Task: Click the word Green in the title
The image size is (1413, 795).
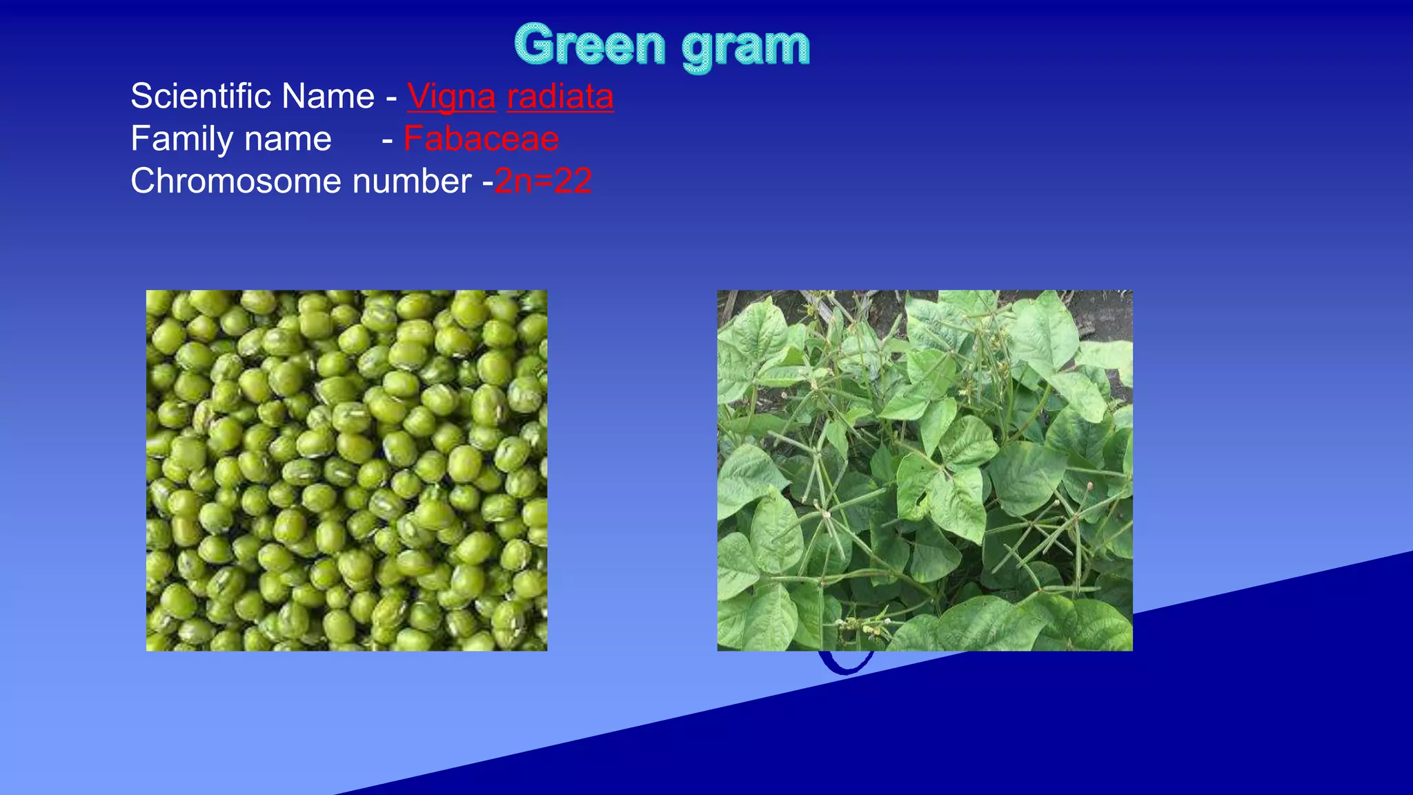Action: coord(590,45)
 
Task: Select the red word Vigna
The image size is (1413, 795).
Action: coord(451,97)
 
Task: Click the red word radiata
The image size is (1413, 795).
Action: coord(560,97)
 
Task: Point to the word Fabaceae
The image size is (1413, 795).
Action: coord(481,139)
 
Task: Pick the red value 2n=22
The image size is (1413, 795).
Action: coord(544,181)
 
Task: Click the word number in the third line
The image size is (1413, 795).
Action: coord(412,181)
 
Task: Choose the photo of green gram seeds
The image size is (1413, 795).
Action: coord(346,470)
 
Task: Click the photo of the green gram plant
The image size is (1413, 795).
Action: coord(925,470)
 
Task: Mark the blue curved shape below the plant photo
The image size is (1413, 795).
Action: coord(846,664)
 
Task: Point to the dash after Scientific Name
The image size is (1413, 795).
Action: coord(391,97)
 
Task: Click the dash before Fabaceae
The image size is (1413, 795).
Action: coord(388,140)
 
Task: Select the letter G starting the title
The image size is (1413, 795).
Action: coord(534,45)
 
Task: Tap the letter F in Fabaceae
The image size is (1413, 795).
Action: coord(413,139)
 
